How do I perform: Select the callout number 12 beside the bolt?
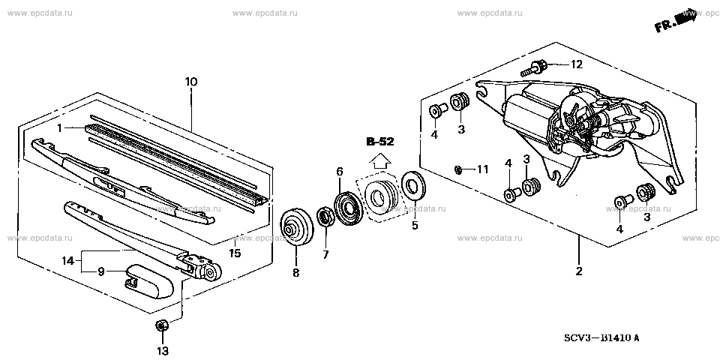(x=576, y=64)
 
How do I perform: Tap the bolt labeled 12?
(x=533, y=70)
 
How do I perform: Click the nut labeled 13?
(x=160, y=325)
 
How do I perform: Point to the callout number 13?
(x=163, y=350)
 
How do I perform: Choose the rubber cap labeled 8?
(x=296, y=227)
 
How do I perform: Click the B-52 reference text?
(x=380, y=142)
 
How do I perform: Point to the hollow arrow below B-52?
(x=380, y=158)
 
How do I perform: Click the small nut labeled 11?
(x=457, y=169)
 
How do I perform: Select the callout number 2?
(x=579, y=272)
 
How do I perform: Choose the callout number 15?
(x=234, y=253)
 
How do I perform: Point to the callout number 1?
(x=58, y=128)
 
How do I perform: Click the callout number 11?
(x=482, y=169)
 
